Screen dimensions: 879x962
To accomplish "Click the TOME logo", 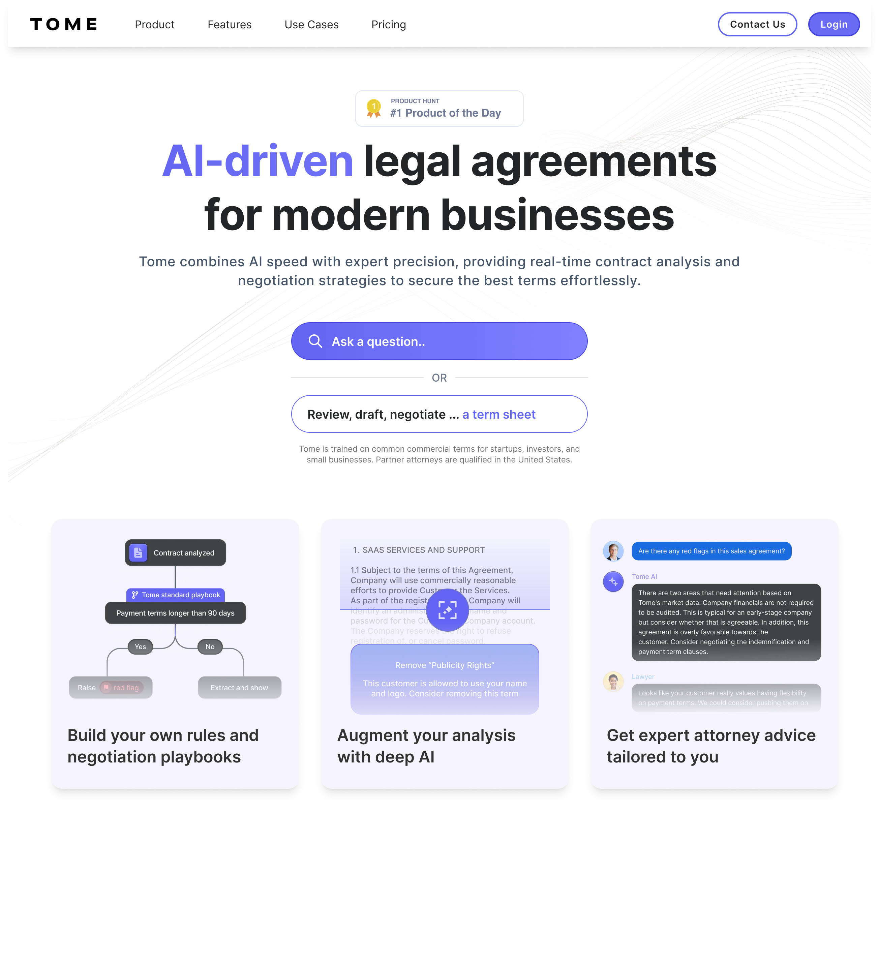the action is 63,24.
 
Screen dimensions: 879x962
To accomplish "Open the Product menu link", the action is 155,25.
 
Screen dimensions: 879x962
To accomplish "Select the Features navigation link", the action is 230,25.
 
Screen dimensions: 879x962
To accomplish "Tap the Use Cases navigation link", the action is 312,25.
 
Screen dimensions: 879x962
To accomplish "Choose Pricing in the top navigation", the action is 389,25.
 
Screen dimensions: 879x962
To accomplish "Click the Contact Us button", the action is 757,24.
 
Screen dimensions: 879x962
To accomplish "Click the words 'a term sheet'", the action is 499,414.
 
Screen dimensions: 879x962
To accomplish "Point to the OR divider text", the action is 439,378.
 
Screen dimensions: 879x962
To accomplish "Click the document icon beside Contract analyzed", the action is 139,552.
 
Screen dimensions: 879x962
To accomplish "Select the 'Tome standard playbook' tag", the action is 176,595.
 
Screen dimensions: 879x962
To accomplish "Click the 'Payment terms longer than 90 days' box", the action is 176,613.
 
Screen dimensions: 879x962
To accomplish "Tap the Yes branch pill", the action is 140,647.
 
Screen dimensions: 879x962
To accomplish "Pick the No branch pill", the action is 210,647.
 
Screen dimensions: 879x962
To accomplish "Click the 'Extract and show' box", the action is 240,688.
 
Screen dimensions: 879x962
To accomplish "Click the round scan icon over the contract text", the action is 447,610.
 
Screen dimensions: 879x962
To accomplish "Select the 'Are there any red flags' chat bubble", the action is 711,551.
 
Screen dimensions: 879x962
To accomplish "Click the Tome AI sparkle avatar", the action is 613,582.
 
